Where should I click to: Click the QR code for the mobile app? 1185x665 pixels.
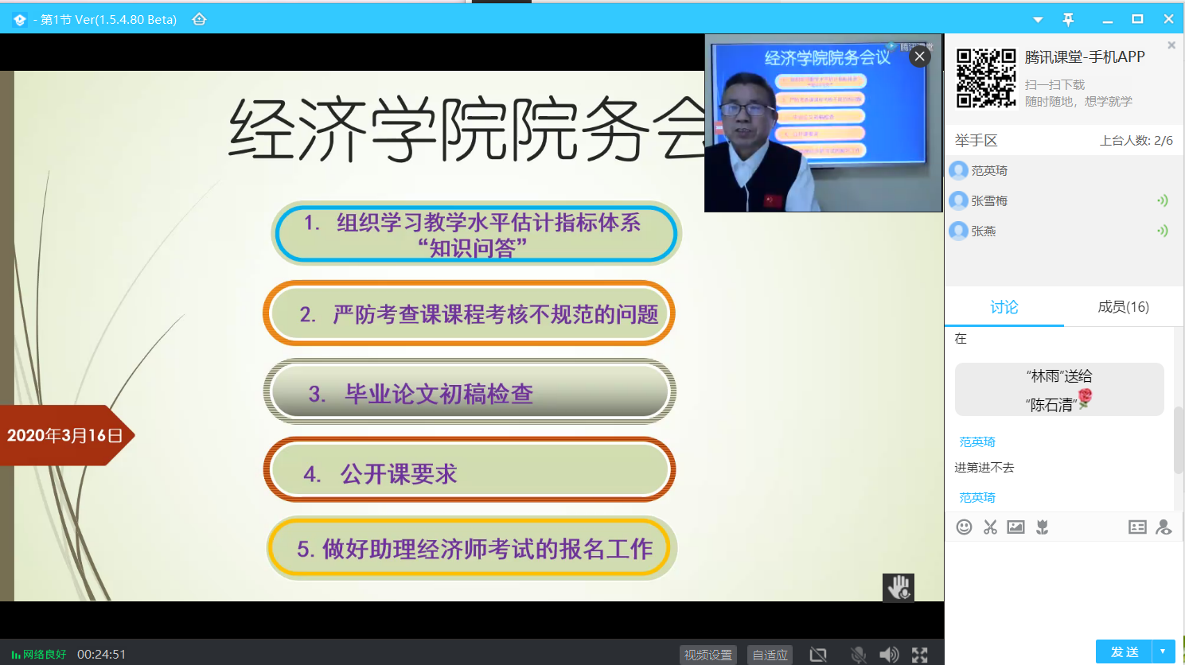click(986, 78)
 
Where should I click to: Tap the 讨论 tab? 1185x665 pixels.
click(1004, 307)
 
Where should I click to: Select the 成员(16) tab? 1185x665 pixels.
click(1123, 307)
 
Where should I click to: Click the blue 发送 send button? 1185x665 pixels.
click(1125, 651)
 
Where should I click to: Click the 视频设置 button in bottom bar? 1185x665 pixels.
click(707, 655)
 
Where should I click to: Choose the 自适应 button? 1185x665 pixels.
click(770, 655)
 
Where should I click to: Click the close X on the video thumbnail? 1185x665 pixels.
click(919, 56)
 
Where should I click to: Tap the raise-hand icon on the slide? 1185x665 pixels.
click(898, 588)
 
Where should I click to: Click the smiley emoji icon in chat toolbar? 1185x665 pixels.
click(964, 527)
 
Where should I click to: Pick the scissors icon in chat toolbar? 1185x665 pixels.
click(990, 527)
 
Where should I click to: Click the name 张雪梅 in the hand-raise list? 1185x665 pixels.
click(989, 201)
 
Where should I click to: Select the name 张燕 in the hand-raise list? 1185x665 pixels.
click(984, 231)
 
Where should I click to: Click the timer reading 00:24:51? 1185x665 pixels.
click(101, 655)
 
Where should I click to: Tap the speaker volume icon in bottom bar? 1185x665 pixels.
click(888, 655)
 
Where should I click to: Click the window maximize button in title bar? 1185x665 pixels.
click(1137, 19)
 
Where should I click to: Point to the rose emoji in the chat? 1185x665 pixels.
click(1085, 398)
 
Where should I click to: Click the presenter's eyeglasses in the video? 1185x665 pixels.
click(746, 109)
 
